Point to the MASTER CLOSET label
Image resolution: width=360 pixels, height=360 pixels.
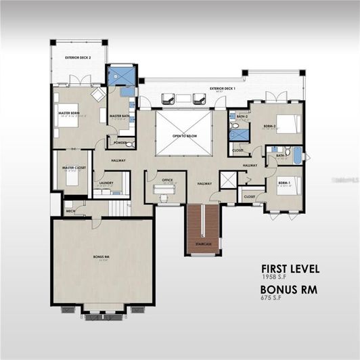pyautogui.click(x=73, y=168)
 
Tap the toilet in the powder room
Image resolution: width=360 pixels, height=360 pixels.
pyautogui.click(x=129, y=143)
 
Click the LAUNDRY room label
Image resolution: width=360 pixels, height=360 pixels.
pyautogui.click(x=105, y=183)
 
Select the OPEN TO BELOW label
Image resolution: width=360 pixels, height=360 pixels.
pyautogui.click(x=183, y=135)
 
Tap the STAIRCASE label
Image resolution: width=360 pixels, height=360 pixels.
pyautogui.click(x=203, y=244)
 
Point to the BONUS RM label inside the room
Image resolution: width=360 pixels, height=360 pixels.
pyautogui.click(x=102, y=257)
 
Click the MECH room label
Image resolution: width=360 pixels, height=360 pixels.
pyautogui.click(x=70, y=210)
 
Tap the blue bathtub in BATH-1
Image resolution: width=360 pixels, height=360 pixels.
pyautogui.click(x=296, y=156)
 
